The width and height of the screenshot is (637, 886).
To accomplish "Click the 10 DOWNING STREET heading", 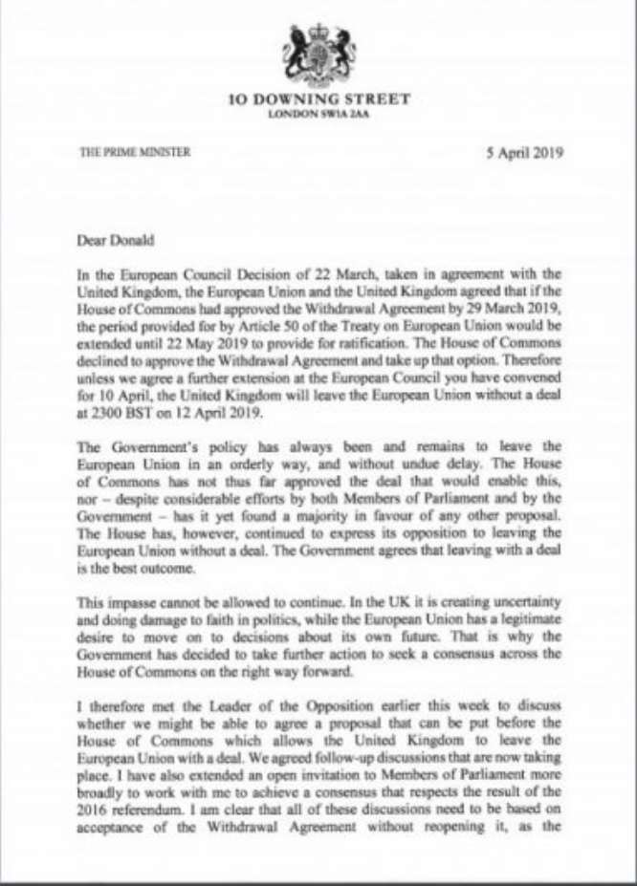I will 320,98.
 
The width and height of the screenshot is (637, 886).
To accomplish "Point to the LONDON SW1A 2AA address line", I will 319,113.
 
